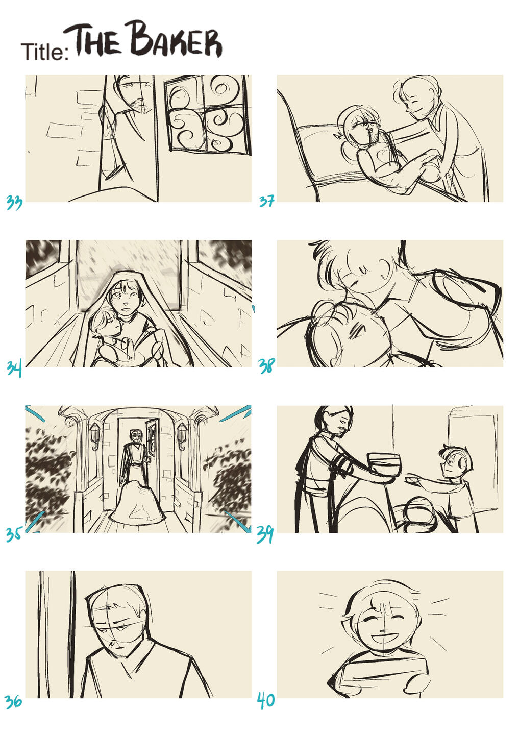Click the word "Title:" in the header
(45, 52)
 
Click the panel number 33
(14, 202)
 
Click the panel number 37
(266, 201)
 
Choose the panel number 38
(266, 366)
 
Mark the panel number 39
(265, 534)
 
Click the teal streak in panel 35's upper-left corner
(35, 414)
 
